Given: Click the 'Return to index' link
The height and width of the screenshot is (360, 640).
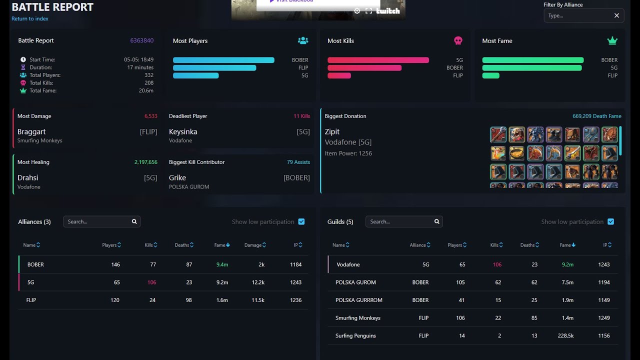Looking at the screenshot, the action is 30,18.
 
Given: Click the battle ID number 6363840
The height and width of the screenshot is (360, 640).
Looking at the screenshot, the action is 141,40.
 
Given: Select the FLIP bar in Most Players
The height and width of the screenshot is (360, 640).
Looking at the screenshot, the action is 214,67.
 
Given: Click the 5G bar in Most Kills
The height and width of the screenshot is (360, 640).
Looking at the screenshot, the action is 378,60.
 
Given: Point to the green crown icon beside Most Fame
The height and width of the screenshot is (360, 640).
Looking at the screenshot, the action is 612,41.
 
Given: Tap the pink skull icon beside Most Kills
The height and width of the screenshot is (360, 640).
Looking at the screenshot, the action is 458,40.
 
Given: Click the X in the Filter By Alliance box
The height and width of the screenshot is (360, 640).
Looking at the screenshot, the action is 616,15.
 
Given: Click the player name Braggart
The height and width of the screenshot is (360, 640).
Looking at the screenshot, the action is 31,131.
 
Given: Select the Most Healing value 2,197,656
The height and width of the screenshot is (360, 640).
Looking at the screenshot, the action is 145,162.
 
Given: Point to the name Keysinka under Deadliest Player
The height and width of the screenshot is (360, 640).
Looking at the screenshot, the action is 183,131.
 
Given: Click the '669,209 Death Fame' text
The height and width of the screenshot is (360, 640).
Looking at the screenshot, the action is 597,116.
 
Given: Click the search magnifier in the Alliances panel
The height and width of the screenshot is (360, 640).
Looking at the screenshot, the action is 134,221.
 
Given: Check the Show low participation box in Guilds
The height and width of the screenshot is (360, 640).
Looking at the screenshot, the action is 610,221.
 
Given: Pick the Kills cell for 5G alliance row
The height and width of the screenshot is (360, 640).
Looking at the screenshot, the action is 151,282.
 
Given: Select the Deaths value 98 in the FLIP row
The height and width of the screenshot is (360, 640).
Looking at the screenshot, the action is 188,300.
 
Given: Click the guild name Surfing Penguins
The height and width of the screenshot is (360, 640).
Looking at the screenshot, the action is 355,335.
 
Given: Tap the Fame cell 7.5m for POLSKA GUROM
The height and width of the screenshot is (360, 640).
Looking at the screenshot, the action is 567,282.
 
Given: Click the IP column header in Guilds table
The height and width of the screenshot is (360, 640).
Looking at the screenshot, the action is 607,245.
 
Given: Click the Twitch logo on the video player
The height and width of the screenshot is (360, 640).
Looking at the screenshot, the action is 387,11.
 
